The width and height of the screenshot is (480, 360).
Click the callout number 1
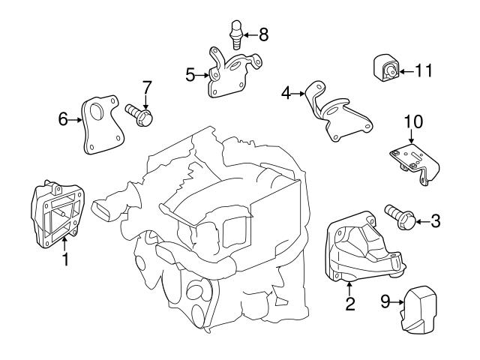tap(65, 260)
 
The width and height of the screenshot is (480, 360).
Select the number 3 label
tap(436, 221)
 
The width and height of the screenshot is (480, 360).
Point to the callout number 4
tap(286, 94)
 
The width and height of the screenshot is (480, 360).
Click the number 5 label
tap(190, 74)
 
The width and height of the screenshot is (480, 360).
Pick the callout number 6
tap(63, 118)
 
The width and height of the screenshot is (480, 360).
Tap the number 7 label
tap(147, 87)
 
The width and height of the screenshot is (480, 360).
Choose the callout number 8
tap(262, 34)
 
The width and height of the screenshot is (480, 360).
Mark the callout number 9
tap(385, 302)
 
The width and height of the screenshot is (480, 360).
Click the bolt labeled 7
tap(140, 115)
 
